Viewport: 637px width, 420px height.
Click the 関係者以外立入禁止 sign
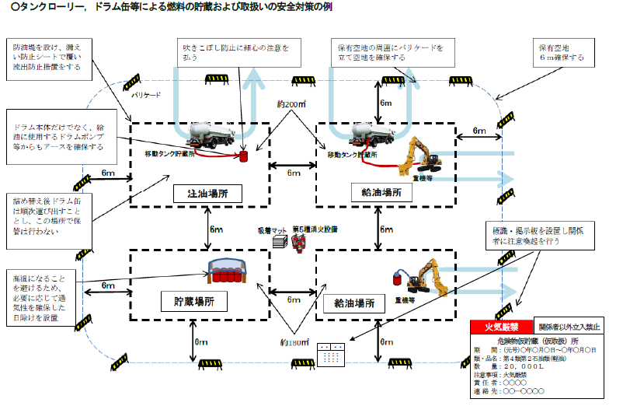pos(569,327)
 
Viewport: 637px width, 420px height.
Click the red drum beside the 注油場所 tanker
pos(243,156)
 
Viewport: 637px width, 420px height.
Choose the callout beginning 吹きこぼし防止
pos(232,53)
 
